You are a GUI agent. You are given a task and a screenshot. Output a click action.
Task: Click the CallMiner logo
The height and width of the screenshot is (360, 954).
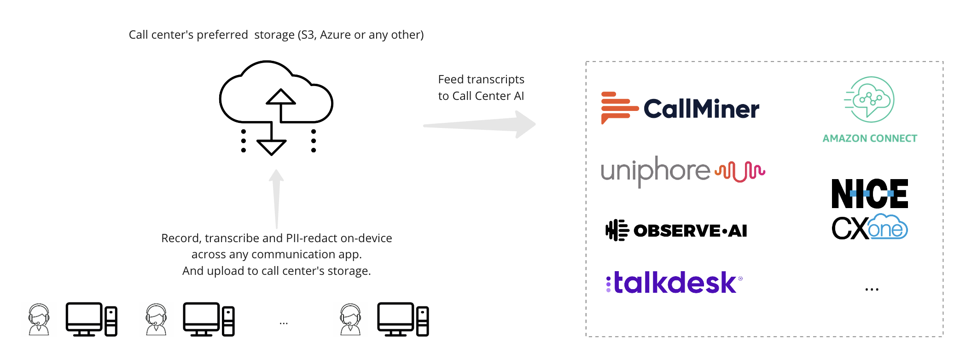[x=680, y=109]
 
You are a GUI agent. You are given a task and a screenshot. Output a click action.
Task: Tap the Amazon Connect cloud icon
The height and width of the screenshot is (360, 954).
[x=869, y=99]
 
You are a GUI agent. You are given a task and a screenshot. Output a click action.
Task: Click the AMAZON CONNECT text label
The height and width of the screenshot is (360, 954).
[x=870, y=139]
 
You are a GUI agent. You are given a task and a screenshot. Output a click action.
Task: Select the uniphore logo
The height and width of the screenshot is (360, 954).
[x=682, y=171]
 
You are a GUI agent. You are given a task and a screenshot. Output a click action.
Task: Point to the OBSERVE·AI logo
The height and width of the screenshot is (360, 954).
[x=676, y=230]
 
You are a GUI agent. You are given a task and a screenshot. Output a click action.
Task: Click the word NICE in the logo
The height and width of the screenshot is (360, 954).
[x=869, y=194]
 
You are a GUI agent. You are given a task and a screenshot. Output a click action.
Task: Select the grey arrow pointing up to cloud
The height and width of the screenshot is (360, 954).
[x=276, y=198]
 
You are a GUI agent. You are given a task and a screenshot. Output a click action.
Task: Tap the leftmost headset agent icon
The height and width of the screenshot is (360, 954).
[x=39, y=319]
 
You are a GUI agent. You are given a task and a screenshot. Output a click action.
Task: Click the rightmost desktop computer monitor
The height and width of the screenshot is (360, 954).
[x=396, y=318]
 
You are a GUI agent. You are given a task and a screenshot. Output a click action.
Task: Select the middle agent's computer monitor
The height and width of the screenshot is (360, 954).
[x=201, y=318]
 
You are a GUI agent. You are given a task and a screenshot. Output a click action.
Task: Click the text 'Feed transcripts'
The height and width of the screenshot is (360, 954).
[x=481, y=80]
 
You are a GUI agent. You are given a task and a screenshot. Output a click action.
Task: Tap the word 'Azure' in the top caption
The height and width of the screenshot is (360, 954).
[x=335, y=35]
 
